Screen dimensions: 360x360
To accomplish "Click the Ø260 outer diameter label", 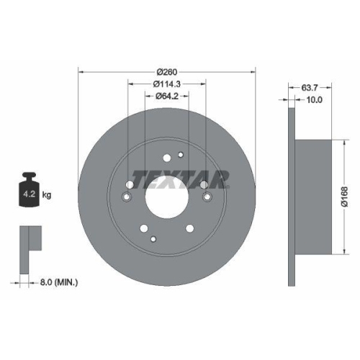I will point(166,71).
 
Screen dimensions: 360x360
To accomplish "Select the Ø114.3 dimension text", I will point(166,84).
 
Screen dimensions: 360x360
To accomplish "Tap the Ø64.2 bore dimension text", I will point(166,96).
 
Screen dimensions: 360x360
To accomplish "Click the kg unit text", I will point(48,194).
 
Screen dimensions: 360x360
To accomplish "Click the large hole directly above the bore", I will point(167,159).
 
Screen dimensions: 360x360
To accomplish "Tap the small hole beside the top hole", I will point(181,154).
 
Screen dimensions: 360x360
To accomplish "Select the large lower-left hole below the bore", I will point(143,228).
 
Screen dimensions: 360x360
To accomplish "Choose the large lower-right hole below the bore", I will point(190,228).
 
